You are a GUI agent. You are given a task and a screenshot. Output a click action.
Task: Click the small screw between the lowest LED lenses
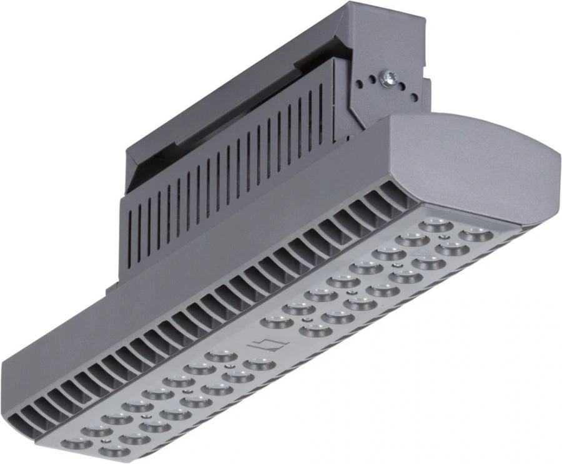pos(103,442)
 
